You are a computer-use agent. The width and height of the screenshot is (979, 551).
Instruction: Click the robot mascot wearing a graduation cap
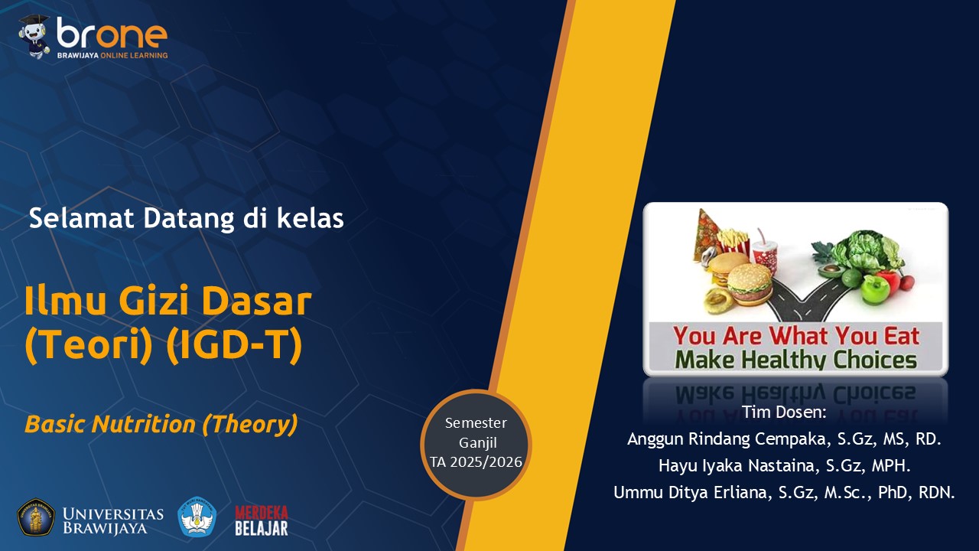[34, 36]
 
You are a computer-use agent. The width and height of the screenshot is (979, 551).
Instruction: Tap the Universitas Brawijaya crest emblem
[36, 517]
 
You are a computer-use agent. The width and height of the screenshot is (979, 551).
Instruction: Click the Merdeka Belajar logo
[262, 520]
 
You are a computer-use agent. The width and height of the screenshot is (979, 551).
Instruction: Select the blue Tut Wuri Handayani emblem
[197, 517]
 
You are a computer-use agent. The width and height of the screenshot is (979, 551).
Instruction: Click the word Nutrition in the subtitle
[144, 424]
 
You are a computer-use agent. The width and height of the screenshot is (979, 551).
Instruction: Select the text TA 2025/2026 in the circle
[476, 461]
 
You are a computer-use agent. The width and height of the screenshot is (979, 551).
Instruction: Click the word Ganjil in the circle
[478, 443]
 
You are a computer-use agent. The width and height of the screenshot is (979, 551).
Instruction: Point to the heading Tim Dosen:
[784, 412]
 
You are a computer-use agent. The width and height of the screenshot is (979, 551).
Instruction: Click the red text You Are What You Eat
[796, 336]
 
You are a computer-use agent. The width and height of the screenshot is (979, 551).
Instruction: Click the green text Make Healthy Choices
[796, 360]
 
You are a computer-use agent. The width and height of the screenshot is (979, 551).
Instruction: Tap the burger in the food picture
[749, 283]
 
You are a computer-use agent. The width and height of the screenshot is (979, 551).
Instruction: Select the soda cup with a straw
[765, 253]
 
